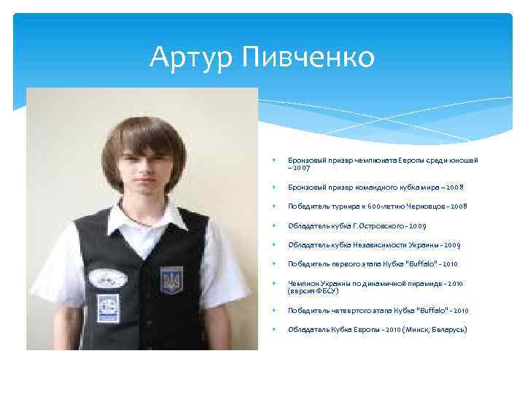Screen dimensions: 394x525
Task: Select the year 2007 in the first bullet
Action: tap(303, 168)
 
